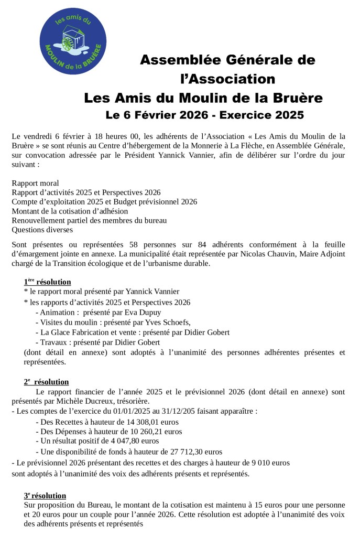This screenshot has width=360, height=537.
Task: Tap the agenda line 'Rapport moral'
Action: [x=35, y=183]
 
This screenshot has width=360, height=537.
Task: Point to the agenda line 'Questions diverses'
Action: [x=42, y=229]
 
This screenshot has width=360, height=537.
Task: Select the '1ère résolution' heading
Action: [x=47, y=282]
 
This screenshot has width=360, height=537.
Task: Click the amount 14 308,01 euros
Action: [x=148, y=422]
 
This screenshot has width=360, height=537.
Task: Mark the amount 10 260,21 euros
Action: [x=151, y=432]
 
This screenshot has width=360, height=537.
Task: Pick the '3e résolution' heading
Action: [x=45, y=496]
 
